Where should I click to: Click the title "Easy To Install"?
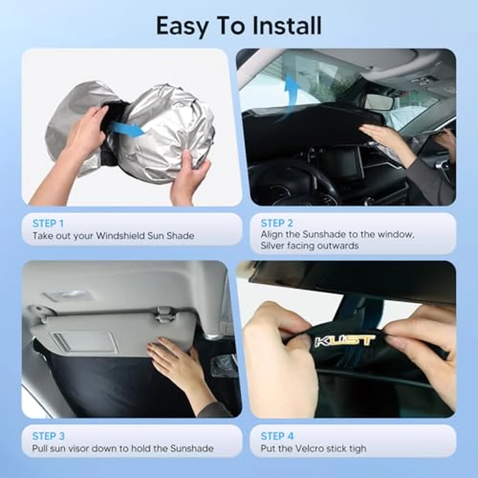coord(238,26)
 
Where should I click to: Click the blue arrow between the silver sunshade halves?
coord(129,129)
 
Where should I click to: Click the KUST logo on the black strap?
coord(344,339)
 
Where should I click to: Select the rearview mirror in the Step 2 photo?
coord(379,102)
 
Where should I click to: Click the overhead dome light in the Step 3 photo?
coord(68,296)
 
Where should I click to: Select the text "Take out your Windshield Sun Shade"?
coord(113,236)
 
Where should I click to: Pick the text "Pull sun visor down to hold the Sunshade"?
coord(123,449)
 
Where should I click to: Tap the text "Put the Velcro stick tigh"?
coord(313,449)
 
